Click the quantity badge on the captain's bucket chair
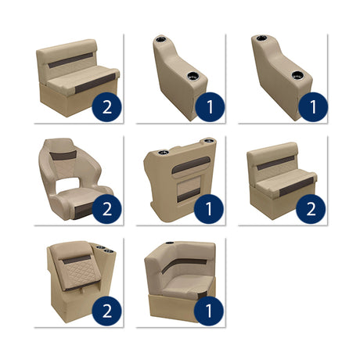tap(107, 209)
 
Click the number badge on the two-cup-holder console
tap(209, 209)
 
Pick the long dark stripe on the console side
tap(194, 164)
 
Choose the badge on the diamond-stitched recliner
tap(107, 311)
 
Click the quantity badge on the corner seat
tap(209, 311)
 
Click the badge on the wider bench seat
tap(107, 107)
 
